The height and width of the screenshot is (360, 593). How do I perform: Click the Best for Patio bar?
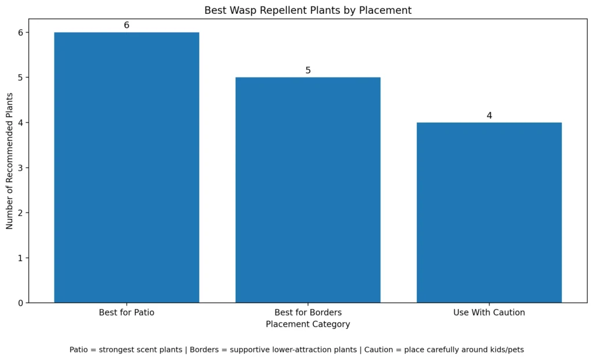point(126,167)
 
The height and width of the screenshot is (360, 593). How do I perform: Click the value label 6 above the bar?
point(126,25)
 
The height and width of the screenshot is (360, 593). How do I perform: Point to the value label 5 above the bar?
point(308,71)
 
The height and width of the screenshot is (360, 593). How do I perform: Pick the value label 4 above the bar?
point(489,116)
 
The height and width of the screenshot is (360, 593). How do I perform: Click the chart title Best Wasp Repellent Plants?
point(308,10)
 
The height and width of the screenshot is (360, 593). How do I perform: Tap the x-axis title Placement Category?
point(308,324)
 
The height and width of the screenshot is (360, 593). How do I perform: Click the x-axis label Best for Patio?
point(126,313)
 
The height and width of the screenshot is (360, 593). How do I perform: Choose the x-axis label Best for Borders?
point(308,313)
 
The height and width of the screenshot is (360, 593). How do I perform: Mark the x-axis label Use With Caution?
point(489,313)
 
